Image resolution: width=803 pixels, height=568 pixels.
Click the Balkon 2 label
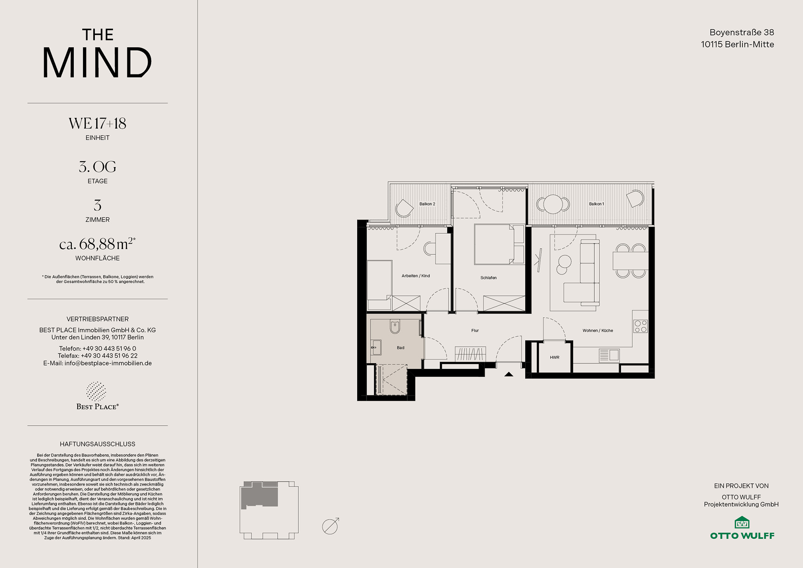tap(427, 204)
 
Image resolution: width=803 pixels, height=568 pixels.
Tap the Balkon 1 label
tap(596, 204)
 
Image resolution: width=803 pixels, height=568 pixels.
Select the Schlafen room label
tap(488, 278)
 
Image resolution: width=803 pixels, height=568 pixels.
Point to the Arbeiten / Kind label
tap(416, 276)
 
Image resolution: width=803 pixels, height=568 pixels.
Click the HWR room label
tap(555, 357)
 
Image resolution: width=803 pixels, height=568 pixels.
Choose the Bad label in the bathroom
tap(401, 348)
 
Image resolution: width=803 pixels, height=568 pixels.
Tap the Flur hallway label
tap(475, 330)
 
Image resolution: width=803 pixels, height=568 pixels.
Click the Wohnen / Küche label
tap(598, 330)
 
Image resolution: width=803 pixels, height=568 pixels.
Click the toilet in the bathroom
tap(395, 327)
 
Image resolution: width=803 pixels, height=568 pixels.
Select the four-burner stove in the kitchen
tap(640, 326)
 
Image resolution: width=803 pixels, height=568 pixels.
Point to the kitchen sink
tap(609, 355)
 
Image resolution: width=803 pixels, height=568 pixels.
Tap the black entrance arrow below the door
tap(509, 374)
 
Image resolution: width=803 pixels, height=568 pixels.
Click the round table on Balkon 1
tap(553, 204)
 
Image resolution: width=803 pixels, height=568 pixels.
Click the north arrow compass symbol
tap(330, 526)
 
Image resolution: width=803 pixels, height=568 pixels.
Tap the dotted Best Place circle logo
tap(96, 392)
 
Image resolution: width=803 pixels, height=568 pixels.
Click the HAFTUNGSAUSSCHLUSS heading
tap(97, 444)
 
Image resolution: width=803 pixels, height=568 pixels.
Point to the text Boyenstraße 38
tap(741, 32)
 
